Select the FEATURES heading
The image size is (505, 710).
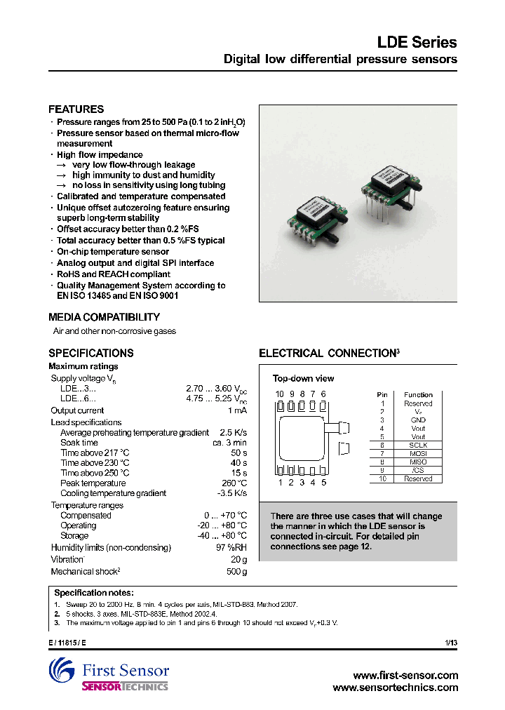click(x=76, y=109)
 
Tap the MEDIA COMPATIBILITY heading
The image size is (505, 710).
click(x=104, y=317)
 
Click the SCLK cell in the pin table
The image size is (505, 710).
click(x=418, y=446)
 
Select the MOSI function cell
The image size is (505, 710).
click(x=418, y=454)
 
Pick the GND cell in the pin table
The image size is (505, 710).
click(x=418, y=420)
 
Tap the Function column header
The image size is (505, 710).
click(x=418, y=395)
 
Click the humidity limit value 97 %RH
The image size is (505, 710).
click(x=231, y=547)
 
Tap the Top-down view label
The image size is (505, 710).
click(x=303, y=379)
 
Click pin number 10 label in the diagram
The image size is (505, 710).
click(x=279, y=394)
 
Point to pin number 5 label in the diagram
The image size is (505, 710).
click(x=323, y=482)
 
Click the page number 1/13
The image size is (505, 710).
click(x=450, y=643)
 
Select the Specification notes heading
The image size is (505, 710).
click(x=93, y=593)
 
